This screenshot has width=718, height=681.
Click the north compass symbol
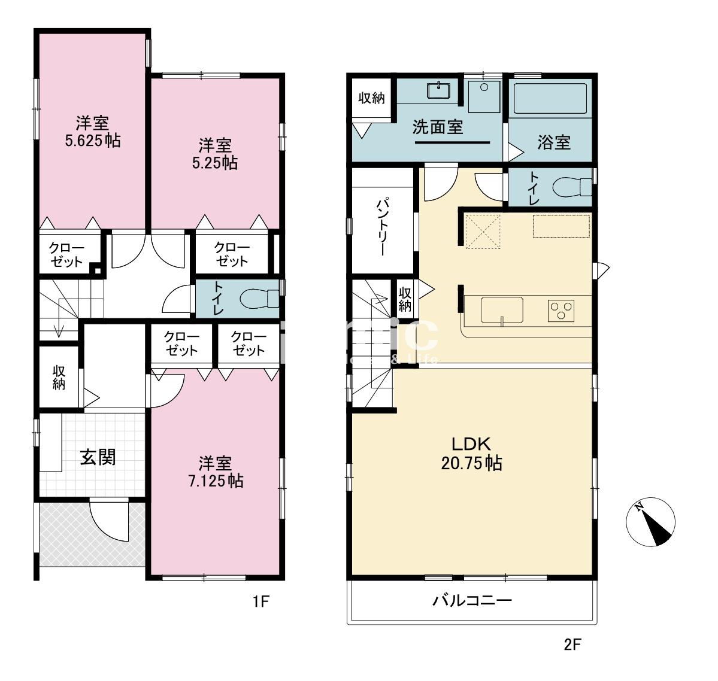651,521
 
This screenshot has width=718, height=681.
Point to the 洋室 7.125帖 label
215,472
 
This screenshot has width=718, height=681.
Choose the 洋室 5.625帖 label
92,132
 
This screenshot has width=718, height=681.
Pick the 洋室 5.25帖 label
215,154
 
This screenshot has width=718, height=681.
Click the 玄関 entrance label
98,457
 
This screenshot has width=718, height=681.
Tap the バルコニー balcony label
472,601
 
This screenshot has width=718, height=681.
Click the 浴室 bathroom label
553,142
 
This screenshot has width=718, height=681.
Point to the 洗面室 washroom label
438,127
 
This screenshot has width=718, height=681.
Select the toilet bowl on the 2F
569,187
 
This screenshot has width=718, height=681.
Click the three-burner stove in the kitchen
561,310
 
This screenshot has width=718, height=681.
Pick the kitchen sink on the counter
502,310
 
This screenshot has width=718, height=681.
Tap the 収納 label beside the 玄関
59,378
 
